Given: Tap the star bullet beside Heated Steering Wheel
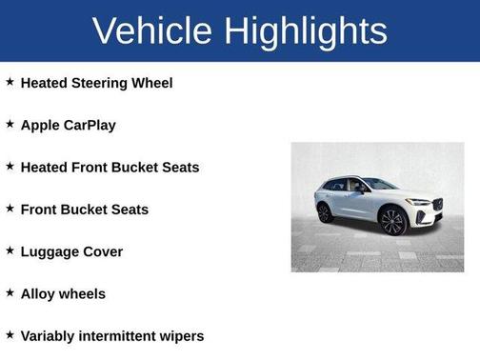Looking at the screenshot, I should (10, 82).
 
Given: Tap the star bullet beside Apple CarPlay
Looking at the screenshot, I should (10, 124).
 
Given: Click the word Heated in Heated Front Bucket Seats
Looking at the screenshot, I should (44, 167).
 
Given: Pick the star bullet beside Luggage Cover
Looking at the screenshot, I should (10, 250).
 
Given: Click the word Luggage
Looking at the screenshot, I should (51, 252).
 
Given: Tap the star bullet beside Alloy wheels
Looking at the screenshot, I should (10, 292).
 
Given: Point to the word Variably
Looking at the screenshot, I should (49, 336).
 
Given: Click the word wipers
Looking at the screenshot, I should (183, 336).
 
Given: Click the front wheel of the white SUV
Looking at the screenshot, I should (392, 222).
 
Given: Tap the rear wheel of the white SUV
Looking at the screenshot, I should (326, 212).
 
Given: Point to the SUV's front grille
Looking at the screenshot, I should (437, 204).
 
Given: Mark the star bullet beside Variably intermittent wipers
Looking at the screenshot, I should (10, 334).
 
